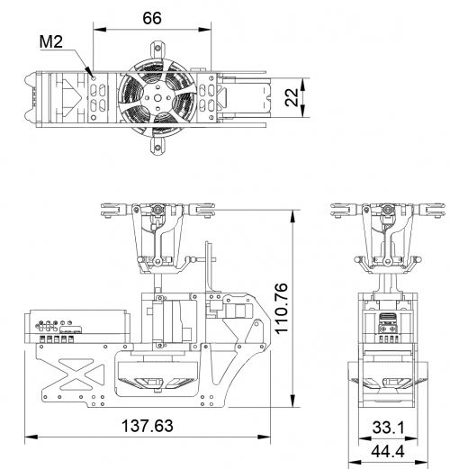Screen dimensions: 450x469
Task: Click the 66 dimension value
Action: [152, 18]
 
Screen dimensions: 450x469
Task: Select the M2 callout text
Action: [51, 41]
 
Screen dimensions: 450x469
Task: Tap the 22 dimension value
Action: [292, 97]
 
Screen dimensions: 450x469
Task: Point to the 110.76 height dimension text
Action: [282, 308]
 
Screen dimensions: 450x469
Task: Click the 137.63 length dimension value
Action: [148, 426]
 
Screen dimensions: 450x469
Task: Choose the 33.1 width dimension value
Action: [389, 427]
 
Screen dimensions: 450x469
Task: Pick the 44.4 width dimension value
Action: [388, 451]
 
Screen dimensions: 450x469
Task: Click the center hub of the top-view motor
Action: [157, 98]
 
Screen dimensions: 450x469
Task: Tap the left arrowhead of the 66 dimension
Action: [100, 30]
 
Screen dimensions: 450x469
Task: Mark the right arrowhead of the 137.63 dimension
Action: [264, 437]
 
